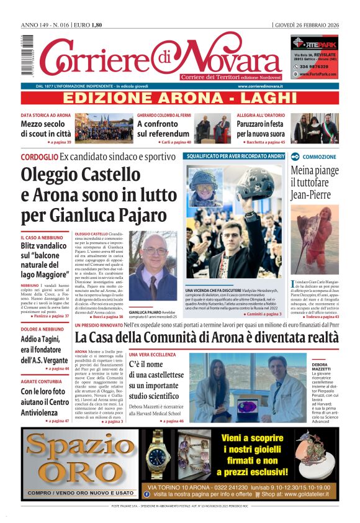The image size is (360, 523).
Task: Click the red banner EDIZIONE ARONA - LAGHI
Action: click(179, 98)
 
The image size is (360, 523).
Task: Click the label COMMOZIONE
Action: click(320, 157)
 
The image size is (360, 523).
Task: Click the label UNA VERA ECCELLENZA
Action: click(149, 354)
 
